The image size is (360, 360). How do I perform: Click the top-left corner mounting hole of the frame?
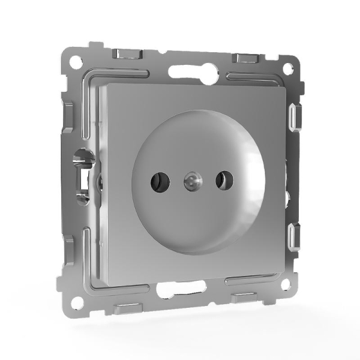pos(76,62)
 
